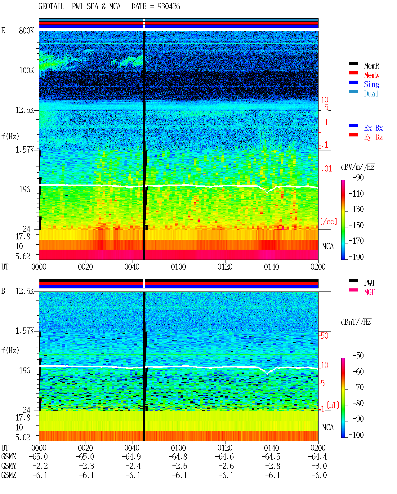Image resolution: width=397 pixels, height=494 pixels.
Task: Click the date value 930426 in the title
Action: tap(169, 7)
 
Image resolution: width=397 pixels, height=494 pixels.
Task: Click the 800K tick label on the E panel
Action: tap(26, 30)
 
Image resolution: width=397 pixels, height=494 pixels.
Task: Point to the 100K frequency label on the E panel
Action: tap(26, 70)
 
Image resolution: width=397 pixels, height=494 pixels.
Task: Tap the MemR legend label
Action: tap(372, 66)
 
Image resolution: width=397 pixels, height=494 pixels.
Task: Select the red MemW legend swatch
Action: tap(353, 73)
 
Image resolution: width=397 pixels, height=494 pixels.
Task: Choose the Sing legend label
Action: tap(372, 84)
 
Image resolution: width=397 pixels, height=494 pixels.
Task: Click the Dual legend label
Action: tap(371, 94)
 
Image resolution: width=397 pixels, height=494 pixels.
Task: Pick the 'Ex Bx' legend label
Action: tap(373, 128)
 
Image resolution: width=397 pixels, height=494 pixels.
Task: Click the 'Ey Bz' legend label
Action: tap(373, 137)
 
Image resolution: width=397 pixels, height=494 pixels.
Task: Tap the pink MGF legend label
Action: tap(369, 292)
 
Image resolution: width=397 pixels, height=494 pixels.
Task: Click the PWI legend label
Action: tap(369, 283)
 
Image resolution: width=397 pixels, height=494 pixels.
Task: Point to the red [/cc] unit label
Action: tap(328, 221)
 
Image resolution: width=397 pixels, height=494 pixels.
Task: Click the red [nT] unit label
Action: tap(333, 405)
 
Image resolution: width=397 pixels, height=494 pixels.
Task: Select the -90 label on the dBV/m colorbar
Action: tap(358, 178)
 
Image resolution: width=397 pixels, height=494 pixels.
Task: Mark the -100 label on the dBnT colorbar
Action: tap(356, 435)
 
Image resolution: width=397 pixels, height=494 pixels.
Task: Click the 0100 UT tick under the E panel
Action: tap(178, 267)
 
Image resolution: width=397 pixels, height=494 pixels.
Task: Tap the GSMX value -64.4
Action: tap(317, 457)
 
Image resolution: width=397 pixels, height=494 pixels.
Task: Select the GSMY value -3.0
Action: tap(319, 466)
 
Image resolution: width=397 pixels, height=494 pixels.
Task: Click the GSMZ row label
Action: tap(9, 475)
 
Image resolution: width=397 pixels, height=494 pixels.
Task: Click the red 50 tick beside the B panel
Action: tap(324, 336)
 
